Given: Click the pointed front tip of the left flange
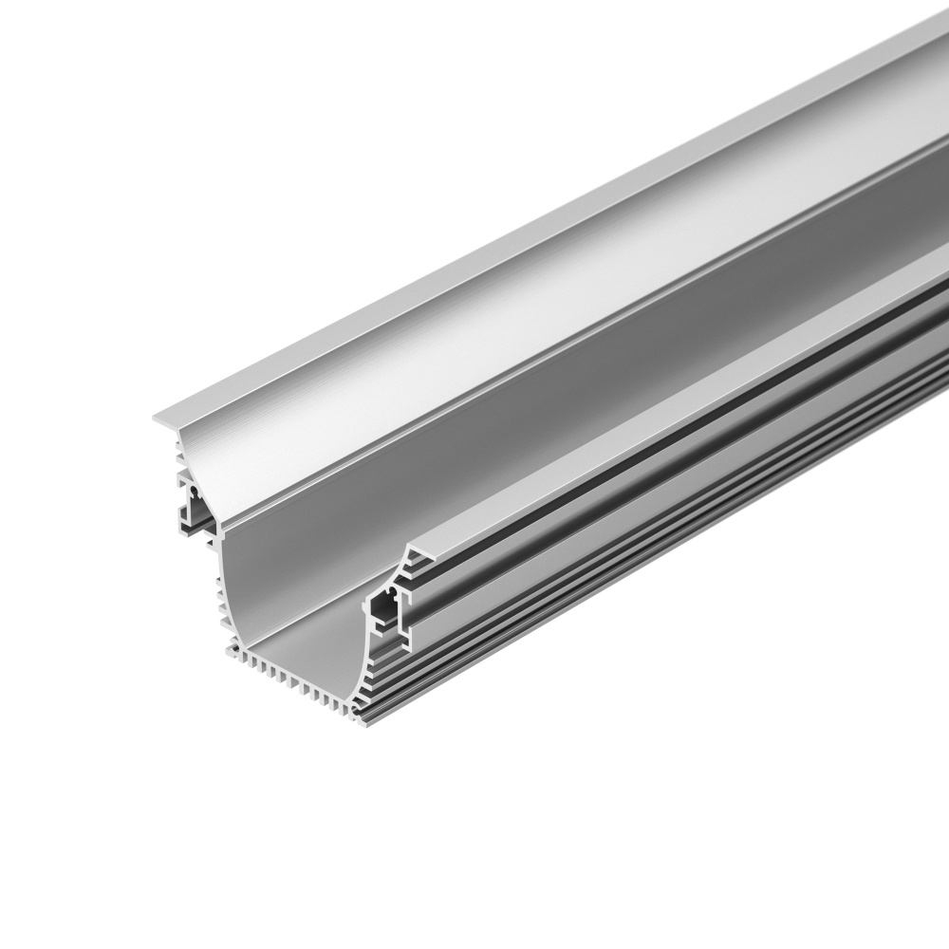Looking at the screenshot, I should [x=155, y=419].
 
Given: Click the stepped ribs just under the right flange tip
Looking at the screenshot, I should [x=408, y=569].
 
